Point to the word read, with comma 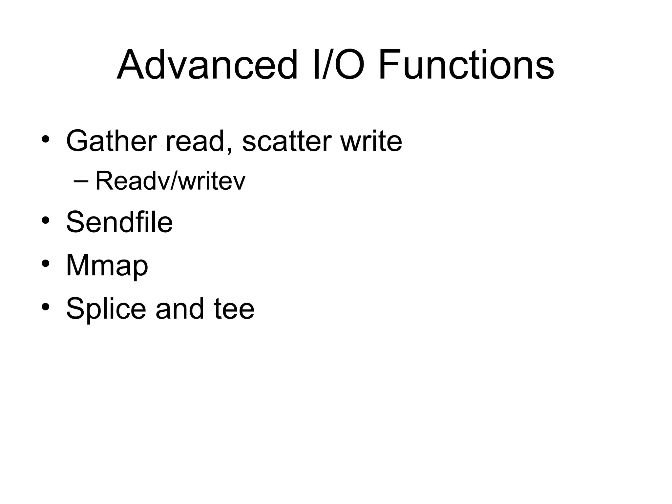[x=199, y=141]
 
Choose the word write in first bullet [x=371, y=141]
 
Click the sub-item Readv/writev [x=170, y=181]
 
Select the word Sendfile [x=119, y=222]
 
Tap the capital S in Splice [x=75, y=308]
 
